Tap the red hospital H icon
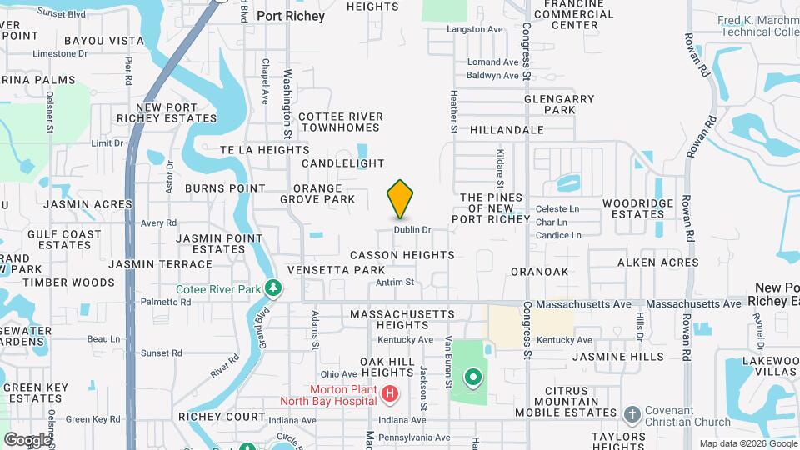click(388, 392)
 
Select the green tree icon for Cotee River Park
click(273, 288)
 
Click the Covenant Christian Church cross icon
click(632, 414)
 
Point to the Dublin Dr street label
click(412, 229)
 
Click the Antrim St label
click(395, 282)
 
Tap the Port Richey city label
click(290, 16)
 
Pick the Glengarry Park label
click(559, 104)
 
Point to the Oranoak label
click(539, 271)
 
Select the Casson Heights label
click(402, 255)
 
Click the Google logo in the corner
click(27, 439)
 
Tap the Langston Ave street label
click(476, 29)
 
